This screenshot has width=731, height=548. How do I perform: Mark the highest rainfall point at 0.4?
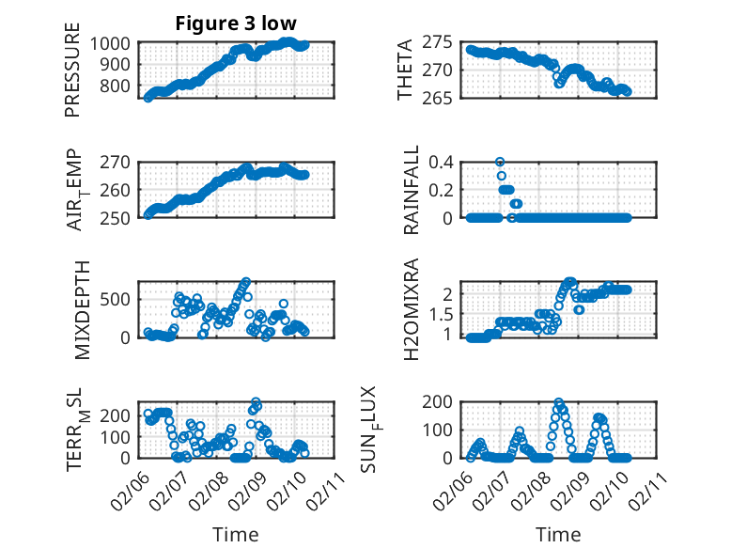pyautogui.click(x=500, y=162)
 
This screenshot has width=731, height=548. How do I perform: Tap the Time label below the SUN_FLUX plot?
pyautogui.click(x=558, y=534)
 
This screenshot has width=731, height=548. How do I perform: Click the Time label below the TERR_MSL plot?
pyautogui.click(x=235, y=534)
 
